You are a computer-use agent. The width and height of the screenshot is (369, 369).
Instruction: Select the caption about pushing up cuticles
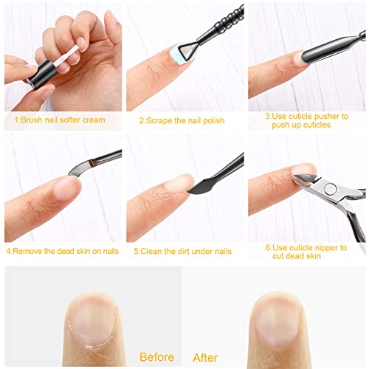click(x=306, y=120)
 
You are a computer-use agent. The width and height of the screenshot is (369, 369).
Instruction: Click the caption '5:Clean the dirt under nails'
click(x=182, y=251)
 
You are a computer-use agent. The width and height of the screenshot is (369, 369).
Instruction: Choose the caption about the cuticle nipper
click(x=306, y=252)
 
